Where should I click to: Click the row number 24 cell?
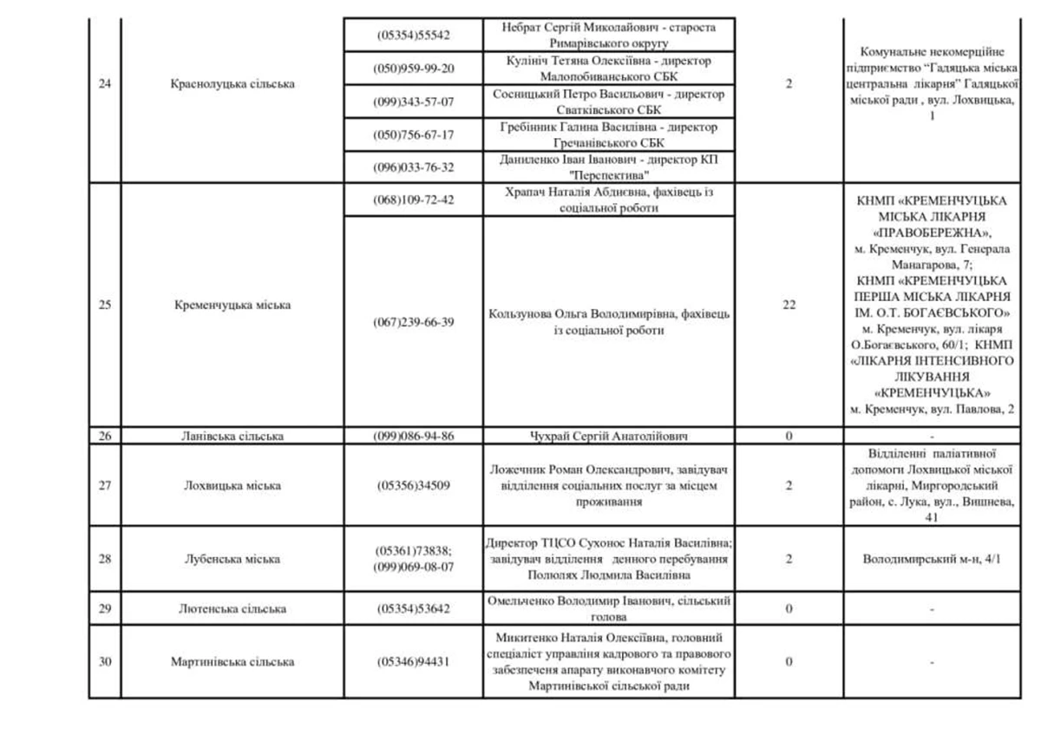(105, 84)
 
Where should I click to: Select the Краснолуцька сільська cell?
(232, 84)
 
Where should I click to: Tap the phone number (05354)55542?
(414, 36)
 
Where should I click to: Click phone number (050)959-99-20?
(414, 69)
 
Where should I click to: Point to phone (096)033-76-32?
(414, 168)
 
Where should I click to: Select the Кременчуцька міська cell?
(232, 305)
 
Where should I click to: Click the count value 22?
(789, 305)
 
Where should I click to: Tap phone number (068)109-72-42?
(414, 200)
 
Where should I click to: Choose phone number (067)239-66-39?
(414, 322)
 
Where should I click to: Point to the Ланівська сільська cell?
(232, 436)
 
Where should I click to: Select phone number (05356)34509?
(414, 486)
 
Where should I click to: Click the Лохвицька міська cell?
(232, 486)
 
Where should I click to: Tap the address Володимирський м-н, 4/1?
(932, 560)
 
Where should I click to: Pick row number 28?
(105, 559)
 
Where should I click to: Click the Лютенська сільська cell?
(232, 609)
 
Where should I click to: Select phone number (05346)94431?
(414, 661)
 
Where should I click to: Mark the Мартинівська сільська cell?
(232, 661)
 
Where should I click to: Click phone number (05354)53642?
(414, 609)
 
